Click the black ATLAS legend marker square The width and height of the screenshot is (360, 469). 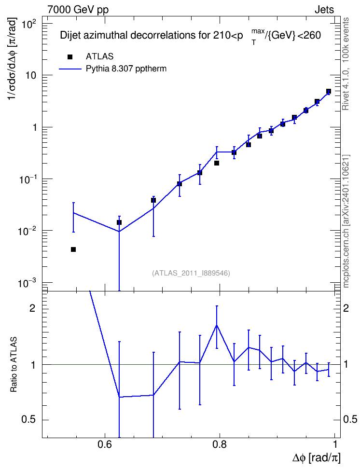click(70, 57)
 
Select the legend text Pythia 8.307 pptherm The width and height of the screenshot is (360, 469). click(126, 69)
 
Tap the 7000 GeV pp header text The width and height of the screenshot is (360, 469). click(78, 10)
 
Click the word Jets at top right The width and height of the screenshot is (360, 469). click(324, 10)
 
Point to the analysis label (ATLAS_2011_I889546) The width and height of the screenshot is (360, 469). click(191, 273)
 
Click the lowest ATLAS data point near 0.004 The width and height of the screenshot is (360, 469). click(73, 249)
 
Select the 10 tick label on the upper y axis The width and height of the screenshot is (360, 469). click(30, 75)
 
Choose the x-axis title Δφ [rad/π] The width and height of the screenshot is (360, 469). click(316, 458)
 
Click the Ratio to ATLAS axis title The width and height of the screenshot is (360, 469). click(14, 365)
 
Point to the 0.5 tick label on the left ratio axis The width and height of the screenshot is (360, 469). click(28, 420)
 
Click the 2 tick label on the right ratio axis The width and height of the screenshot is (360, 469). click(346, 308)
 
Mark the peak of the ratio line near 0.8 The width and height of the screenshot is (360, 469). click(217, 325)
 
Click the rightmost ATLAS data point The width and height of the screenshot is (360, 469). click(329, 91)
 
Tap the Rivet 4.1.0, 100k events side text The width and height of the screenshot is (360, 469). click(346, 64)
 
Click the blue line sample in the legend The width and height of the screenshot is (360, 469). click(70, 69)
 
